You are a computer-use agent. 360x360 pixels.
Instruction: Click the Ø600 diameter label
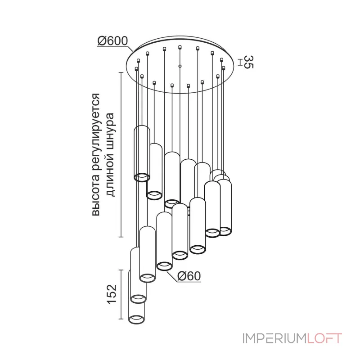(112, 41)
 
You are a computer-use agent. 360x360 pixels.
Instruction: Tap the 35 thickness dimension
(248, 62)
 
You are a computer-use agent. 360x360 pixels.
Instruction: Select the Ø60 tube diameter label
(189, 276)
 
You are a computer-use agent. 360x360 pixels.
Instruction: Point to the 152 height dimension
(112, 295)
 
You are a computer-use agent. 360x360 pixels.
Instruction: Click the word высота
(96, 198)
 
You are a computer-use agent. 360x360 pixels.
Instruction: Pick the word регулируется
(96, 135)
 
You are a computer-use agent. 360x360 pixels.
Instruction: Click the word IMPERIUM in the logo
(274, 338)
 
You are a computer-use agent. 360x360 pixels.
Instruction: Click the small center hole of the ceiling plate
(180, 66)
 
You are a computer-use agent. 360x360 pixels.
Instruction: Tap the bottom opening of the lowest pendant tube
(136, 319)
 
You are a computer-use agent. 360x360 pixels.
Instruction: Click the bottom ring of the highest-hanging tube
(142, 177)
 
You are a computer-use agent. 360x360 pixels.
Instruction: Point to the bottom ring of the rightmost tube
(225, 231)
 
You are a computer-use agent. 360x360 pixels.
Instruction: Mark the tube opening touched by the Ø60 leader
(164, 266)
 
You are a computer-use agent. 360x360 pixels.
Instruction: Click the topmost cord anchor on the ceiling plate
(180, 47)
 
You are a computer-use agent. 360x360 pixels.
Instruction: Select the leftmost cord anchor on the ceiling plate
(137, 68)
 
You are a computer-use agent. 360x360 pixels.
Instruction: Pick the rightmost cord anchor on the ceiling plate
(224, 68)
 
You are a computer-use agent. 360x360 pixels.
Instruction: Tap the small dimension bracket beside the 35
(240, 62)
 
